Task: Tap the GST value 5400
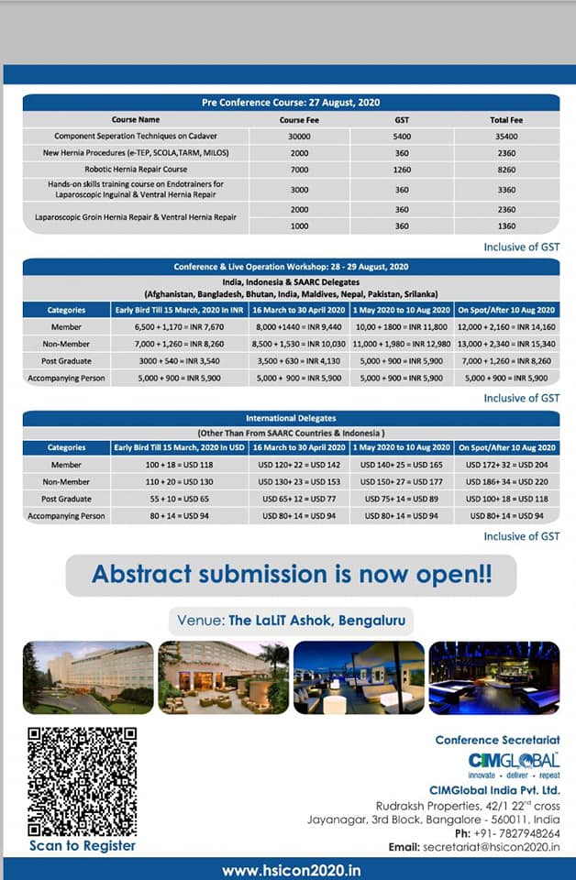[x=402, y=136]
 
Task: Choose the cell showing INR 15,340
[x=507, y=344]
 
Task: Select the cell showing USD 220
[x=507, y=482]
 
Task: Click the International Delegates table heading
[x=291, y=418]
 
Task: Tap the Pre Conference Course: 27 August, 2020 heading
[x=291, y=103]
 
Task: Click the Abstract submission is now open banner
[x=291, y=575]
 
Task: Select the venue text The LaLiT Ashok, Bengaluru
[x=291, y=620]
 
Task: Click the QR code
[x=82, y=780]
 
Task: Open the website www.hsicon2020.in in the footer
[x=291, y=870]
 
